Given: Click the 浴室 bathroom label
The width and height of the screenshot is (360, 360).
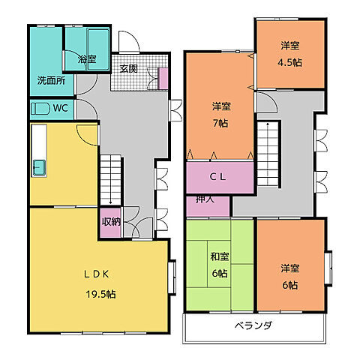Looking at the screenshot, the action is (87, 59).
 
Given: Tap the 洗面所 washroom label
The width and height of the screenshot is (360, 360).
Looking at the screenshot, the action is (51, 80).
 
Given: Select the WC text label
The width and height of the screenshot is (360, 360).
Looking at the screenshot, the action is (61, 108).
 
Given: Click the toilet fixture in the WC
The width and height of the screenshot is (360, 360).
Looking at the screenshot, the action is (40, 109).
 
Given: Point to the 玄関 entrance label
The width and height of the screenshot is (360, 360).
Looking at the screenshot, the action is (128, 69).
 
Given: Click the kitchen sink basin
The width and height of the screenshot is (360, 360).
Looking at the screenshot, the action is (39, 167).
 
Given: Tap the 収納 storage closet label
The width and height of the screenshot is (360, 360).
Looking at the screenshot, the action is (111, 221).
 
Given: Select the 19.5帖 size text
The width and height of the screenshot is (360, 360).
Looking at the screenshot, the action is (100, 294).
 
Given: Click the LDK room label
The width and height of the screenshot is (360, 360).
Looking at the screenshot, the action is (97, 274).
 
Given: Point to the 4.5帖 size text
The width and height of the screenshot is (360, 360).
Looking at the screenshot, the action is (289, 62).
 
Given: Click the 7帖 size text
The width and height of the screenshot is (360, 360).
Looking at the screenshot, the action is (220, 123).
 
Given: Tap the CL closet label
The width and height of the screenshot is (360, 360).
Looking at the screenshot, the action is (217, 177).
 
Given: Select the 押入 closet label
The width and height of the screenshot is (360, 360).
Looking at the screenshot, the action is (205, 199).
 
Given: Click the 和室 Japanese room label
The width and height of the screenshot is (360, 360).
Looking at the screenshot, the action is (220, 256).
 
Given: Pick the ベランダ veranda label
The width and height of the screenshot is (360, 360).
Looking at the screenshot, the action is (253, 325).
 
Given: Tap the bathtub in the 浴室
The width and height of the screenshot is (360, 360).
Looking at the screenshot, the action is (98, 49).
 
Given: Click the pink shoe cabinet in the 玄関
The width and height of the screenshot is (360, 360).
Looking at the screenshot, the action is (163, 79).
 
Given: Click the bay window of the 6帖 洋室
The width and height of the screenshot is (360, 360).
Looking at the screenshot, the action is (328, 268).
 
